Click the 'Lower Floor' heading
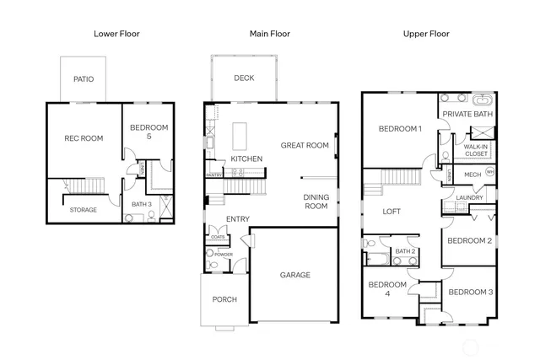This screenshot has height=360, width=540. click(x=116, y=34)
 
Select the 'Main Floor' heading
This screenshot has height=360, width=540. click(x=270, y=34)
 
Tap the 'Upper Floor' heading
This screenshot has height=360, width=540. click(x=427, y=34)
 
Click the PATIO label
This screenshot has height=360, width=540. click(x=83, y=80)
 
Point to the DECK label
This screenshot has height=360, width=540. click(x=244, y=78)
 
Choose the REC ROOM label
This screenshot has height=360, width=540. click(x=84, y=138)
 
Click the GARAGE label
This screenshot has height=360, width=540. click(x=294, y=275)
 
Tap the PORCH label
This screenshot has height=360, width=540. click(x=224, y=299)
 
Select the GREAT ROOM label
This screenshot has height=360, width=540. click(x=305, y=145)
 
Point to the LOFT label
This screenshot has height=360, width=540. click(x=391, y=212)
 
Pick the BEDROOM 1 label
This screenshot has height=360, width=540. click(x=400, y=129)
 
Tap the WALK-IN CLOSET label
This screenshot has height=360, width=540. click(x=476, y=150)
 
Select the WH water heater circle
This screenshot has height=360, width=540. click(x=489, y=173)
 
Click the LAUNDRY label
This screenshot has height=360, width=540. click(x=469, y=198)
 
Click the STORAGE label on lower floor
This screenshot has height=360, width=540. click(x=83, y=210)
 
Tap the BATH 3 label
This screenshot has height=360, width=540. click(x=142, y=204)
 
